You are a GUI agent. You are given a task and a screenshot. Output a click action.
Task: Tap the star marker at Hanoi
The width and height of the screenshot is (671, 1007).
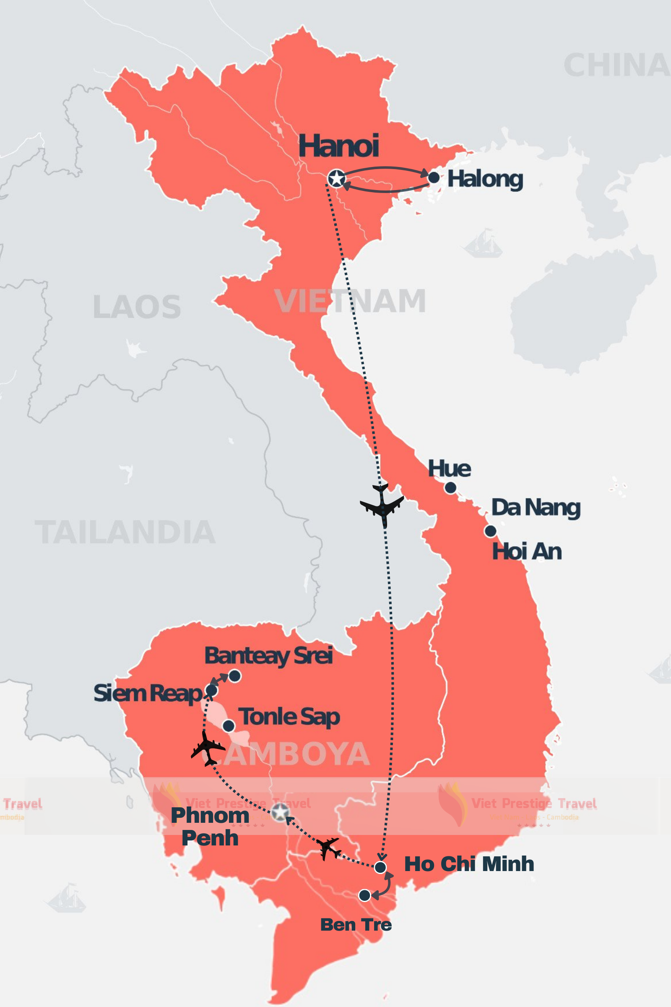336,179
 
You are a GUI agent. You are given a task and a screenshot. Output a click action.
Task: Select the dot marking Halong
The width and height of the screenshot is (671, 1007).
434,177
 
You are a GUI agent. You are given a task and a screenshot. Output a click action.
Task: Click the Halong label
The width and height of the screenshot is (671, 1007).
485,179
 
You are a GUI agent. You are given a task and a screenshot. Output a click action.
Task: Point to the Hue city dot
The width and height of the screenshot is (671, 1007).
450,487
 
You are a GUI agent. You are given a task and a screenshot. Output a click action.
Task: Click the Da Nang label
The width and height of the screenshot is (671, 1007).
536,507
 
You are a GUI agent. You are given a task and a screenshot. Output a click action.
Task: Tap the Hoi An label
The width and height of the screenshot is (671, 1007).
526,551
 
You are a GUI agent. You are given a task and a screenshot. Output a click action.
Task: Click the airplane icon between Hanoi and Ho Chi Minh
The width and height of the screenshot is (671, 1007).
382,504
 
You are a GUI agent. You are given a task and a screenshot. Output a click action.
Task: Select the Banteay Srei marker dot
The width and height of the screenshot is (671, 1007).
235,676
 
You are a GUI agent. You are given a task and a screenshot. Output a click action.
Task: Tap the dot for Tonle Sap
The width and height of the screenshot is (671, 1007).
229,726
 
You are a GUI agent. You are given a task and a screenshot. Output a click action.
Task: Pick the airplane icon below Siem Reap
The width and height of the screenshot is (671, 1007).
208,749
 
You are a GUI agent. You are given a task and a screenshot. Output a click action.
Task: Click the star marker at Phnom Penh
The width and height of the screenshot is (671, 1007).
280,811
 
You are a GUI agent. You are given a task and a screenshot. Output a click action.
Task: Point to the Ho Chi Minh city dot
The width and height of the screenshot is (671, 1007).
380,867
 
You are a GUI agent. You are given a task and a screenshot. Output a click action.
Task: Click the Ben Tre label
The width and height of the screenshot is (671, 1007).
356,925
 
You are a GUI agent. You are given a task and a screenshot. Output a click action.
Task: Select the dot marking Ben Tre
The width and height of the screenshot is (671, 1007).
364,895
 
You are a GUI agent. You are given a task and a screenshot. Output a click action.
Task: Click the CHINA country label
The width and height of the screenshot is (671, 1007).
616,65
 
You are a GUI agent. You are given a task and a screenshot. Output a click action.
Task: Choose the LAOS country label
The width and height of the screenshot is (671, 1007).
137,307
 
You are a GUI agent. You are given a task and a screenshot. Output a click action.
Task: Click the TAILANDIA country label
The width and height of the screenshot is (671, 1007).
125,532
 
